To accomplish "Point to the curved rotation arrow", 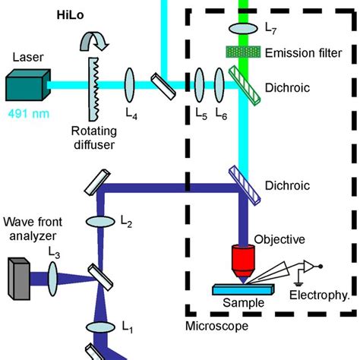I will pos(99,38).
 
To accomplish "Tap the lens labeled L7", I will pos(245,28).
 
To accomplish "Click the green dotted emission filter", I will pos(245,52).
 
